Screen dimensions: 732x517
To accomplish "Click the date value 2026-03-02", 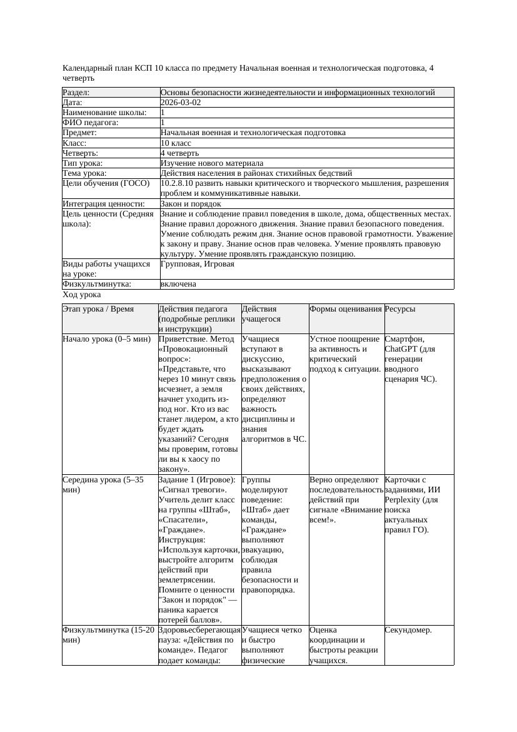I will click(181, 103).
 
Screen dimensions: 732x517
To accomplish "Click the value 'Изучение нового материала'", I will click(212, 163).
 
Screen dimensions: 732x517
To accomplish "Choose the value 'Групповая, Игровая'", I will click(198, 264).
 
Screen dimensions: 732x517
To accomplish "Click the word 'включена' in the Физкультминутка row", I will click(178, 284).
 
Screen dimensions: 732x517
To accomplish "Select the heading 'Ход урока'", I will click(82, 295).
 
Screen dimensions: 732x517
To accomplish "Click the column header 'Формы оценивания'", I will click(345, 309).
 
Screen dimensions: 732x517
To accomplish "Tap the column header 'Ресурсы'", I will click(400, 309).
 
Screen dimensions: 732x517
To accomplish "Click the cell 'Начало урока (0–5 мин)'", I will click(107, 339).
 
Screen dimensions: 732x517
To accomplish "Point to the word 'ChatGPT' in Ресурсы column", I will click(402, 349).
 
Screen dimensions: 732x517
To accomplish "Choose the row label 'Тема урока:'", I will click(85, 173).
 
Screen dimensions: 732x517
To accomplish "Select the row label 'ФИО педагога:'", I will click(91, 123).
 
